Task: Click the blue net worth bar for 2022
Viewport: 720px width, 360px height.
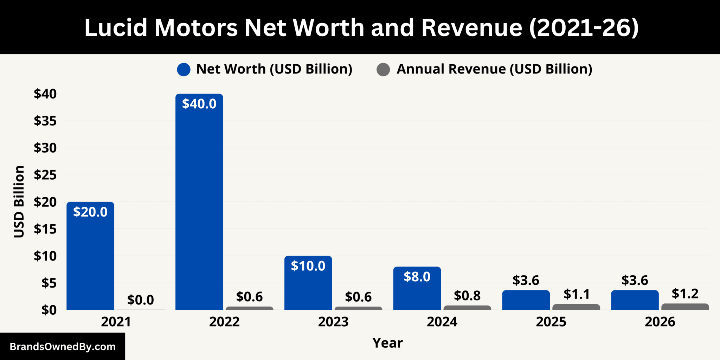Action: (x=199, y=202)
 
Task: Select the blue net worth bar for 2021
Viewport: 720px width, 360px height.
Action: (x=90, y=256)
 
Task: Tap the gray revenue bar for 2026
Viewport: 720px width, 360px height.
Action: (x=685, y=307)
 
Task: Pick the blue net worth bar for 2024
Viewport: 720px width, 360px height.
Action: (x=417, y=288)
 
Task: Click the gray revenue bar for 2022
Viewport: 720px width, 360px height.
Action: (x=249, y=308)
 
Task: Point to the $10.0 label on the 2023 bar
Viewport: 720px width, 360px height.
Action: (x=308, y=266)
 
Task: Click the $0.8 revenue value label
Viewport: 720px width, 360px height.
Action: (x=467, y=296)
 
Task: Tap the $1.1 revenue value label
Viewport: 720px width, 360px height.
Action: (x=577, y=294)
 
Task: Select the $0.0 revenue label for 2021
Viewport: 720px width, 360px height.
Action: (x=140, y=300)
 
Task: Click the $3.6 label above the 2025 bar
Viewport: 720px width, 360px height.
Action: (x=526, y=280)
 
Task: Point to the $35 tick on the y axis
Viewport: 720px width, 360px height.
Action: (x=45, y=121)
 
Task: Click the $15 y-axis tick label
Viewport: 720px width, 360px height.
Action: (x=45, y=229)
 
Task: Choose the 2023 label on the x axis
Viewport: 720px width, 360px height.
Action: (x=333, y=322)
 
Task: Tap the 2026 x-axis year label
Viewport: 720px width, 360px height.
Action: (x=660, y=322)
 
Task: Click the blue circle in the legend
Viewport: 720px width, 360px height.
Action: (x=184, y=70)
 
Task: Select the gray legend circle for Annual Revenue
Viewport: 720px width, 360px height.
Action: (x=383, y=70)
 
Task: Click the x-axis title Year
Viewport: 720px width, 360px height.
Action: (x=387, y=343)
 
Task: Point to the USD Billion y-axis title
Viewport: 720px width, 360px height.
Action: (x=19, y=201)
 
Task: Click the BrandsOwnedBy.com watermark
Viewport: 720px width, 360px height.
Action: (x=63, y=347)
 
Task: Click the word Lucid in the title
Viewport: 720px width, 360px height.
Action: (x=116, y=27)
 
